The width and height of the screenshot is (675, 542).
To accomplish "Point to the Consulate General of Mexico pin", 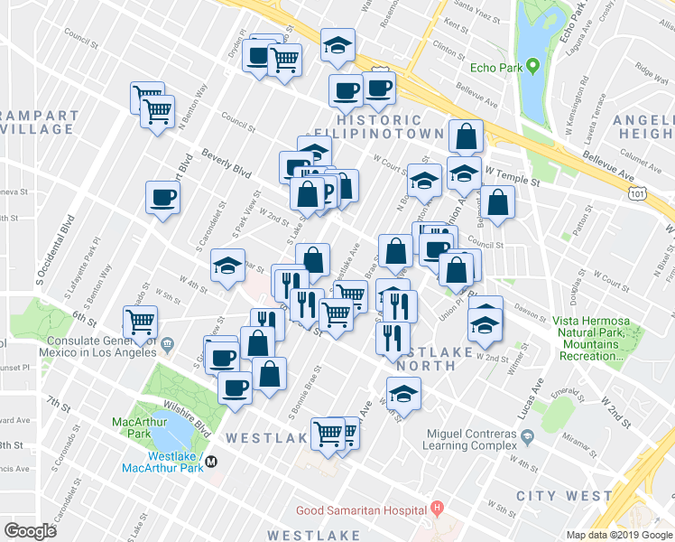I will coord(167,343).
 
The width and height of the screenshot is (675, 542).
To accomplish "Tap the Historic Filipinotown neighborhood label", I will coord(379,126).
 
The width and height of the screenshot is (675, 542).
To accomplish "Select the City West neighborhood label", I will coord(558,496).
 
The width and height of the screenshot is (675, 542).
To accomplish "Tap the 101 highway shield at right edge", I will coord(639,192).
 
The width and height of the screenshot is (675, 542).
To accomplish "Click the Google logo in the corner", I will coord(31,530).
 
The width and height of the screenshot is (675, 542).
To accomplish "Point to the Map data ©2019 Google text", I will coord(618,535).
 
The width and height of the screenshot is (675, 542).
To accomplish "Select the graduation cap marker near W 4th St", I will coord(227,266).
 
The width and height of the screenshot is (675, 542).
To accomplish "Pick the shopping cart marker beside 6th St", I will coord(140,322).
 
